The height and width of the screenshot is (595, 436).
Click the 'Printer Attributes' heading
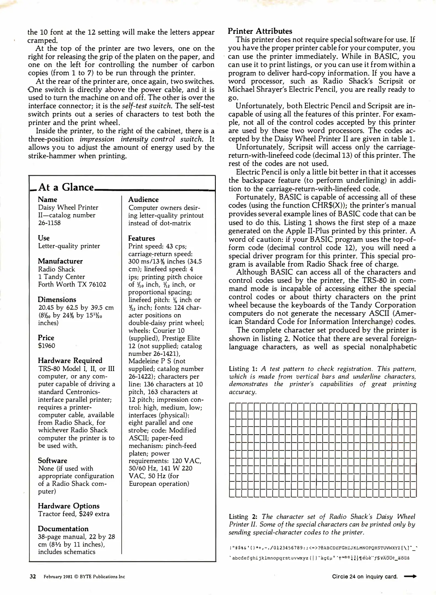tap(260, 31)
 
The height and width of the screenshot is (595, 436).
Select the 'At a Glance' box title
tap(66, 187)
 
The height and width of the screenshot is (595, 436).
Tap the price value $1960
tap(47, 346)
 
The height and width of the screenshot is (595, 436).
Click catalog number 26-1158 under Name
tap(49, 223)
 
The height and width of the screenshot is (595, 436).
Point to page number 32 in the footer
tap(33, 577)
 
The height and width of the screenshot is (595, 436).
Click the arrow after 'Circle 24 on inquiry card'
tap(410, 576)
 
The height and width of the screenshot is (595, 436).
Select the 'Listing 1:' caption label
tap(243, 369)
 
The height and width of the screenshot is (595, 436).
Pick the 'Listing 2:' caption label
tap(243, 517)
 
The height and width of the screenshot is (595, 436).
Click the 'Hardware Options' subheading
tap(69, 506)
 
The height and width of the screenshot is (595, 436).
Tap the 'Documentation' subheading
tap(63, 529)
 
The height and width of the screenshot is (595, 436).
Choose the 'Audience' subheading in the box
tap(143, 200)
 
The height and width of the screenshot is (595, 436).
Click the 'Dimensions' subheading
tap(57, 300)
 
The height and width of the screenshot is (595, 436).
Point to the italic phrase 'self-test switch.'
tap(147, 106)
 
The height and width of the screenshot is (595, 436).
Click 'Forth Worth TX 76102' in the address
tap(72, 284)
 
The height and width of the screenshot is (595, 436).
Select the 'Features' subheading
tap(141, 238)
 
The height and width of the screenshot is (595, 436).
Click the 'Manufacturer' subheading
tap(60, 261)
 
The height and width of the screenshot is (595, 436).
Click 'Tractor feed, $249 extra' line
tap(73, 514)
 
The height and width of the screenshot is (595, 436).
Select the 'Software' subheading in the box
tap(52, 461)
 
